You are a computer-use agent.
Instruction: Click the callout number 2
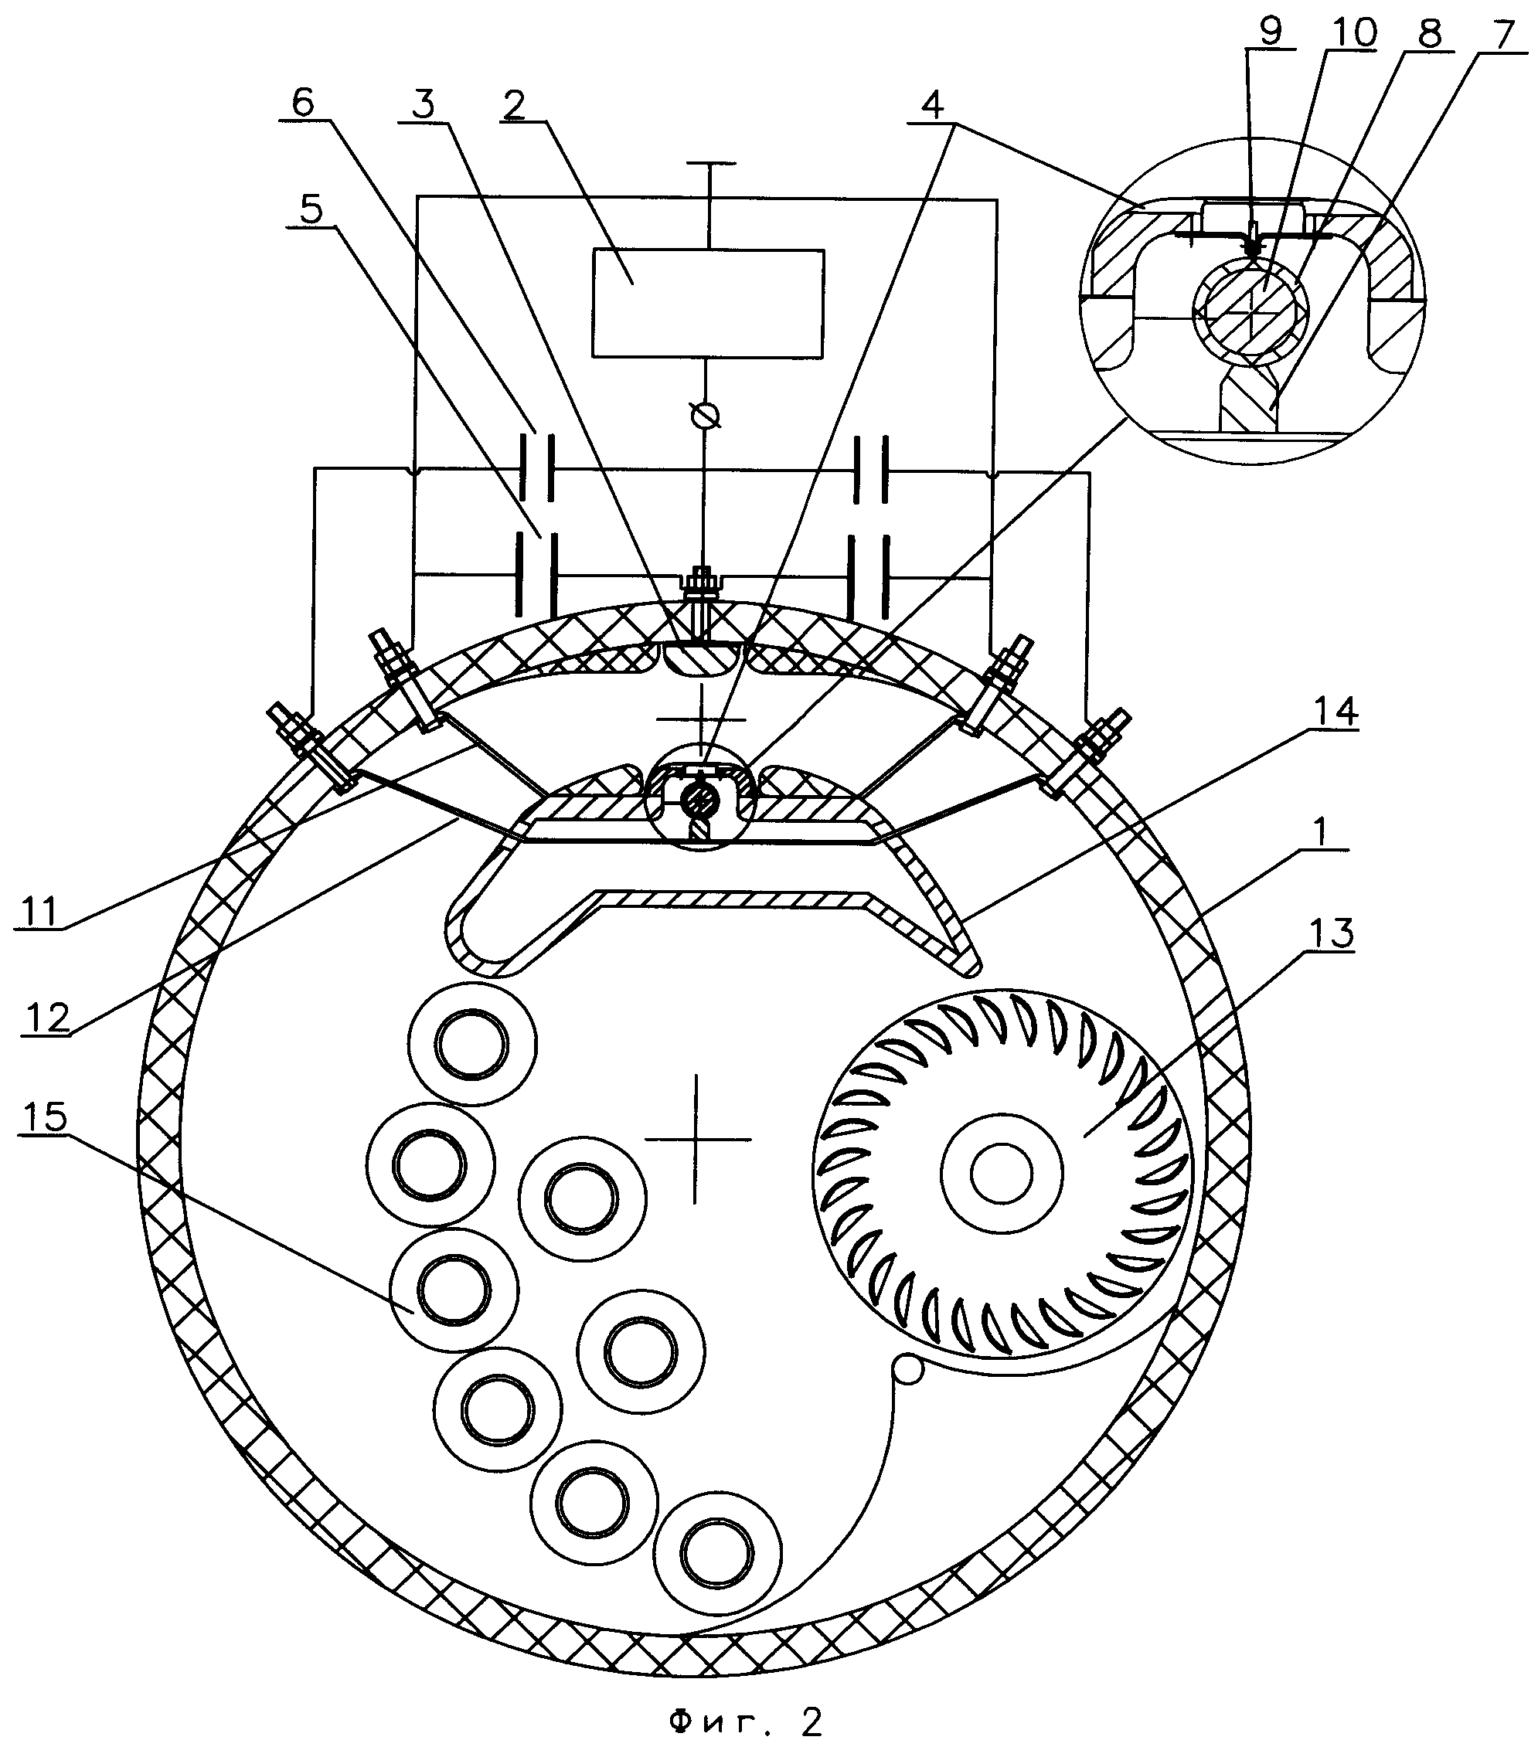(514, 104)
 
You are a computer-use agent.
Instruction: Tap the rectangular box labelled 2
(708, 304)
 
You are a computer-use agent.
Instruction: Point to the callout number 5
(311, 208)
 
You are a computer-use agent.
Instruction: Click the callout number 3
(424, 104)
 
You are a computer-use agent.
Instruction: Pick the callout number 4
(933, 104)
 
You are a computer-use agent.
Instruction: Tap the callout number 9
(1271, 32)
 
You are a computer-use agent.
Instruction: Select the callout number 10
(1350, 33)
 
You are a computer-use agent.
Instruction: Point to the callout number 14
(1335, 711)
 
